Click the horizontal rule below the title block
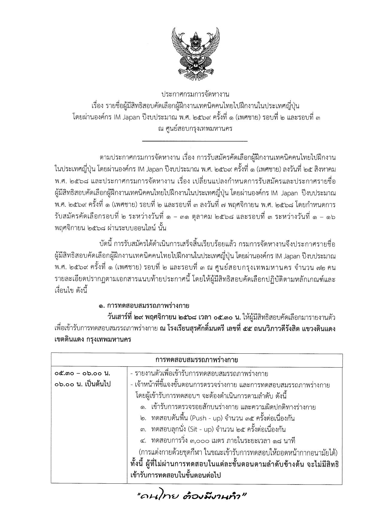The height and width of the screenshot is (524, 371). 195,141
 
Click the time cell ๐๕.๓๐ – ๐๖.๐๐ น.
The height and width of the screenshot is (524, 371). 83,373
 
